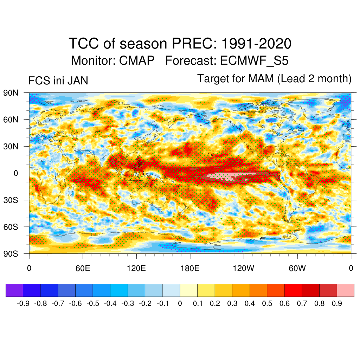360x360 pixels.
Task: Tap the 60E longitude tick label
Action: point(83,269)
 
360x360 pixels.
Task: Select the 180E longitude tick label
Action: point(190,269)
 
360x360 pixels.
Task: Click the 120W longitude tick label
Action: point(243,269)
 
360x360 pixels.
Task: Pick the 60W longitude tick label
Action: point(297,269)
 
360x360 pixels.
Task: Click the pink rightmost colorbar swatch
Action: point(346,290)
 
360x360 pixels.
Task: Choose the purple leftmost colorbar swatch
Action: point(14,290)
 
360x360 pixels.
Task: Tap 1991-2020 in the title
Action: point(257,44)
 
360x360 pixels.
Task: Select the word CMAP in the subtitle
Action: point(137,60)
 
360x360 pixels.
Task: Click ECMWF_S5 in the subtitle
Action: point(254,60)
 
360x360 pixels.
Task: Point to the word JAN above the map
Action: point(78,81)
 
